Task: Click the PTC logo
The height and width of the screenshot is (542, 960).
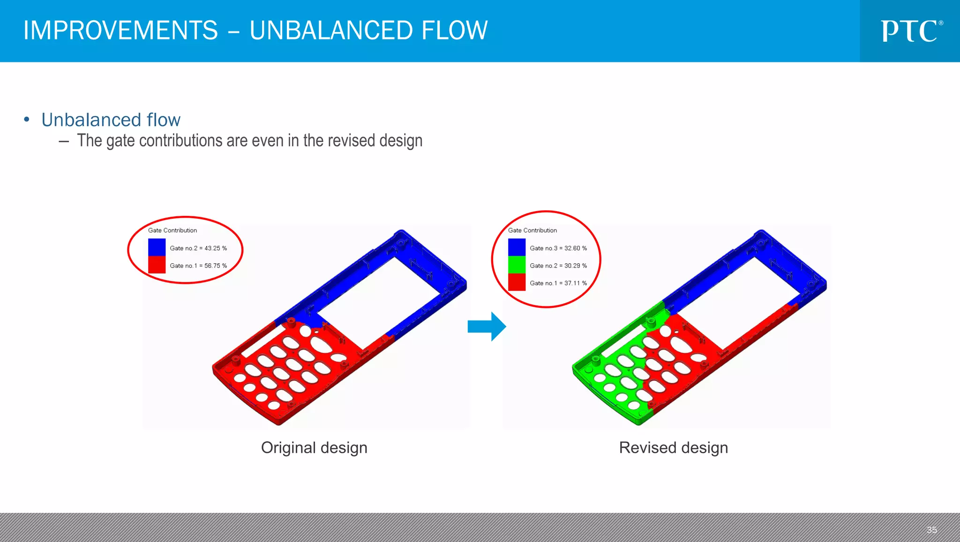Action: tap(911, 31)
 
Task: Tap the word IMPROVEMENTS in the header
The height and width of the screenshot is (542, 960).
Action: tap(121, 31)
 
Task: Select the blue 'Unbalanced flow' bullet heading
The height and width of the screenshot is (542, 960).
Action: tap(111, 120)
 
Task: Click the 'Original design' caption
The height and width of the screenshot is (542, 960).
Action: tap(314, 448)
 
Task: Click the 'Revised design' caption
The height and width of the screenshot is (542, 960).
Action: tap(673, 448)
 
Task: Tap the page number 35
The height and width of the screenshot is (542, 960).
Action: tap(931, 530)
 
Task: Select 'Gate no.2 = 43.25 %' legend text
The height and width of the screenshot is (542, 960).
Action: tap(198, 248)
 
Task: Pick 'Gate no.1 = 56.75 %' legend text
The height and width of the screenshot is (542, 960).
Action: tap(198, 266)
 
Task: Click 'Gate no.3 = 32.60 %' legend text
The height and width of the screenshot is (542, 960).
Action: tap(558, 248)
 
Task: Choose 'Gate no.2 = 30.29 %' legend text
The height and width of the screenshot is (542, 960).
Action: tap(558, 266)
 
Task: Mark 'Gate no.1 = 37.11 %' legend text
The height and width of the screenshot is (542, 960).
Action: tap(558, 283)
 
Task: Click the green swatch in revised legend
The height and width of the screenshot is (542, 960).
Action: tap(517, 265)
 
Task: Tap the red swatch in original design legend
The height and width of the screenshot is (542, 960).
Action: tap(157, 265)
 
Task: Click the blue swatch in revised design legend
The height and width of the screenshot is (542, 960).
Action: tap(517, 247)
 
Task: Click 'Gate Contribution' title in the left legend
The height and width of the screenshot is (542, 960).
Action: tap(172, 230)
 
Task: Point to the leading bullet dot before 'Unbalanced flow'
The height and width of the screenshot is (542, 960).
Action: tap(27, 120)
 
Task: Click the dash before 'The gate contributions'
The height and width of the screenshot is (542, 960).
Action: tap(64, 141)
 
